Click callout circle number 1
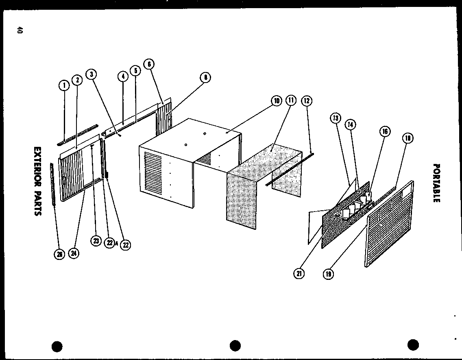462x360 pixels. pos(63,85)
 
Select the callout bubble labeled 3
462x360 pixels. pos(91,74)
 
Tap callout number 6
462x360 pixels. pos(149,64)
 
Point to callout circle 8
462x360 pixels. pos(206,77)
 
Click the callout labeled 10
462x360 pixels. pos(276,100)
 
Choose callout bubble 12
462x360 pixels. pos(307,100)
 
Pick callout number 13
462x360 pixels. pos(336,118)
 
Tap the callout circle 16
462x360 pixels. pos(384,131)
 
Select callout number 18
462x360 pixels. pos(408,138)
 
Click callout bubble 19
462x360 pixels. pos(328,274)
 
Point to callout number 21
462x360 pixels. pos(299,274)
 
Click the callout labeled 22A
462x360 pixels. pos(109,243)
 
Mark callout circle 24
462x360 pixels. pos(74,253)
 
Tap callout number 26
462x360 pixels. pos(59,255)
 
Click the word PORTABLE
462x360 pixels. pos(436,183)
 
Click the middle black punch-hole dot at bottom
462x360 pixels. pos(235,345)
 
